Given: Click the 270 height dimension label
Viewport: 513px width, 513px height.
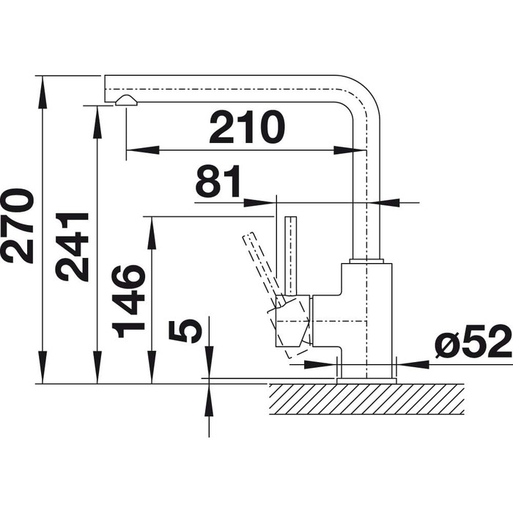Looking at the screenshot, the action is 17,226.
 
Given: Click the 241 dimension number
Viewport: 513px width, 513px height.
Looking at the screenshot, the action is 72,247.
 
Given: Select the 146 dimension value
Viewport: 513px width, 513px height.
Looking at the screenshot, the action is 128,301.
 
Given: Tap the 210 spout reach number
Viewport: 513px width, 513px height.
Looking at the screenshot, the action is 247,127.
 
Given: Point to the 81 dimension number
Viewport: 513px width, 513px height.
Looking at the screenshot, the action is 218,181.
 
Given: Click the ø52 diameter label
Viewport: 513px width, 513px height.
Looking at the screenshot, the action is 473,342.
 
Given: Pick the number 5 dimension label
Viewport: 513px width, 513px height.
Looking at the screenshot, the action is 185,331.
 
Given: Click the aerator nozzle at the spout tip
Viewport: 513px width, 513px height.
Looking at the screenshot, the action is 126,100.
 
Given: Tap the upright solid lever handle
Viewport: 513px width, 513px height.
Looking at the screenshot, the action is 290,256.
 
